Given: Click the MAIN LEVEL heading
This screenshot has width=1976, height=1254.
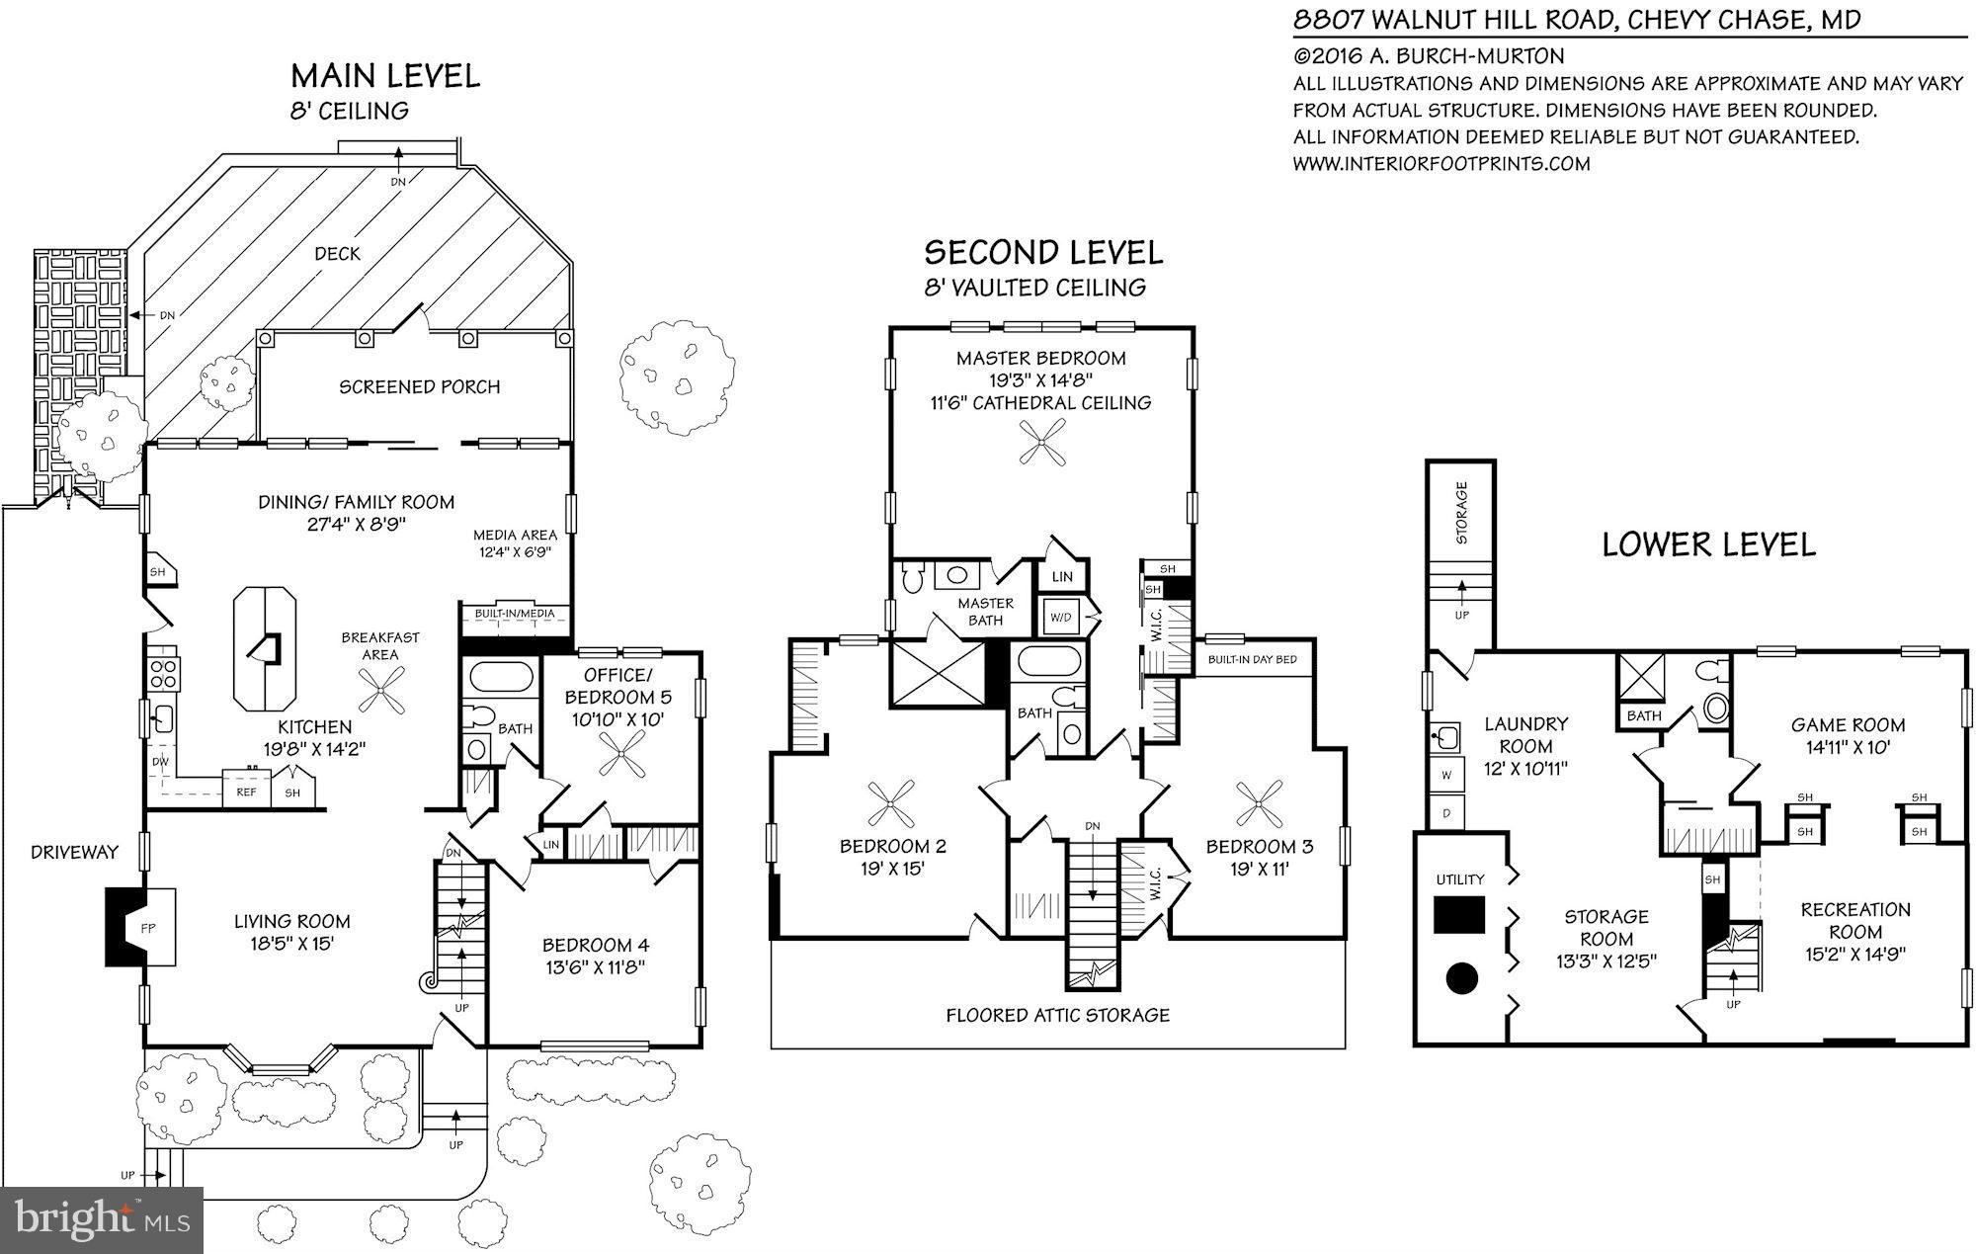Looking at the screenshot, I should click(385, 76).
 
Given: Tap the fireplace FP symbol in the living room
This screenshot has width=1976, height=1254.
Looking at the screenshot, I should click(147, 928).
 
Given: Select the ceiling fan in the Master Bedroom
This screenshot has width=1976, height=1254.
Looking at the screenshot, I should click(1042, 442).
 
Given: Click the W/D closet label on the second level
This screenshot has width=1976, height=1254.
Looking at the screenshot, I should click(1060, 618).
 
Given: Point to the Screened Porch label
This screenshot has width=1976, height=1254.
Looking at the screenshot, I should click(419, 386).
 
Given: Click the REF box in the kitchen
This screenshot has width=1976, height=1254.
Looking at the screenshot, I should click(246, 792).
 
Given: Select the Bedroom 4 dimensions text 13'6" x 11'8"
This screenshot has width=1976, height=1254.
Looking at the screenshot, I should click(596, 967).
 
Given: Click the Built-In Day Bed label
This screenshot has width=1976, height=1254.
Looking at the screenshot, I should click(1252, 659).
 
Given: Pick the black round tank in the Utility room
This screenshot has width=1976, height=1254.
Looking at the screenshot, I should click(1461, 978).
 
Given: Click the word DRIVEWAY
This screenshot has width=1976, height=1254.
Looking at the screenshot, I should click(74, 852).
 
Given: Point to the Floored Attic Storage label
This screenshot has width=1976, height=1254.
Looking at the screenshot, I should click(1057, 1015).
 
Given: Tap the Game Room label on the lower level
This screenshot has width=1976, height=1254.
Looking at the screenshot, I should click(1848, 724).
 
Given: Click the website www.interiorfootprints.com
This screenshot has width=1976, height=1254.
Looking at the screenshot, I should click(1441, 164).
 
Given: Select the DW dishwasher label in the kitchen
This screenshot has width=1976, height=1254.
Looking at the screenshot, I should click(160, 762).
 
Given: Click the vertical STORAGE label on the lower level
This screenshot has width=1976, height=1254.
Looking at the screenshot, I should click(1461, 512).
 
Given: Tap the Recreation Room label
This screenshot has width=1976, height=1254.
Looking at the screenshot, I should click(1854, 920).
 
